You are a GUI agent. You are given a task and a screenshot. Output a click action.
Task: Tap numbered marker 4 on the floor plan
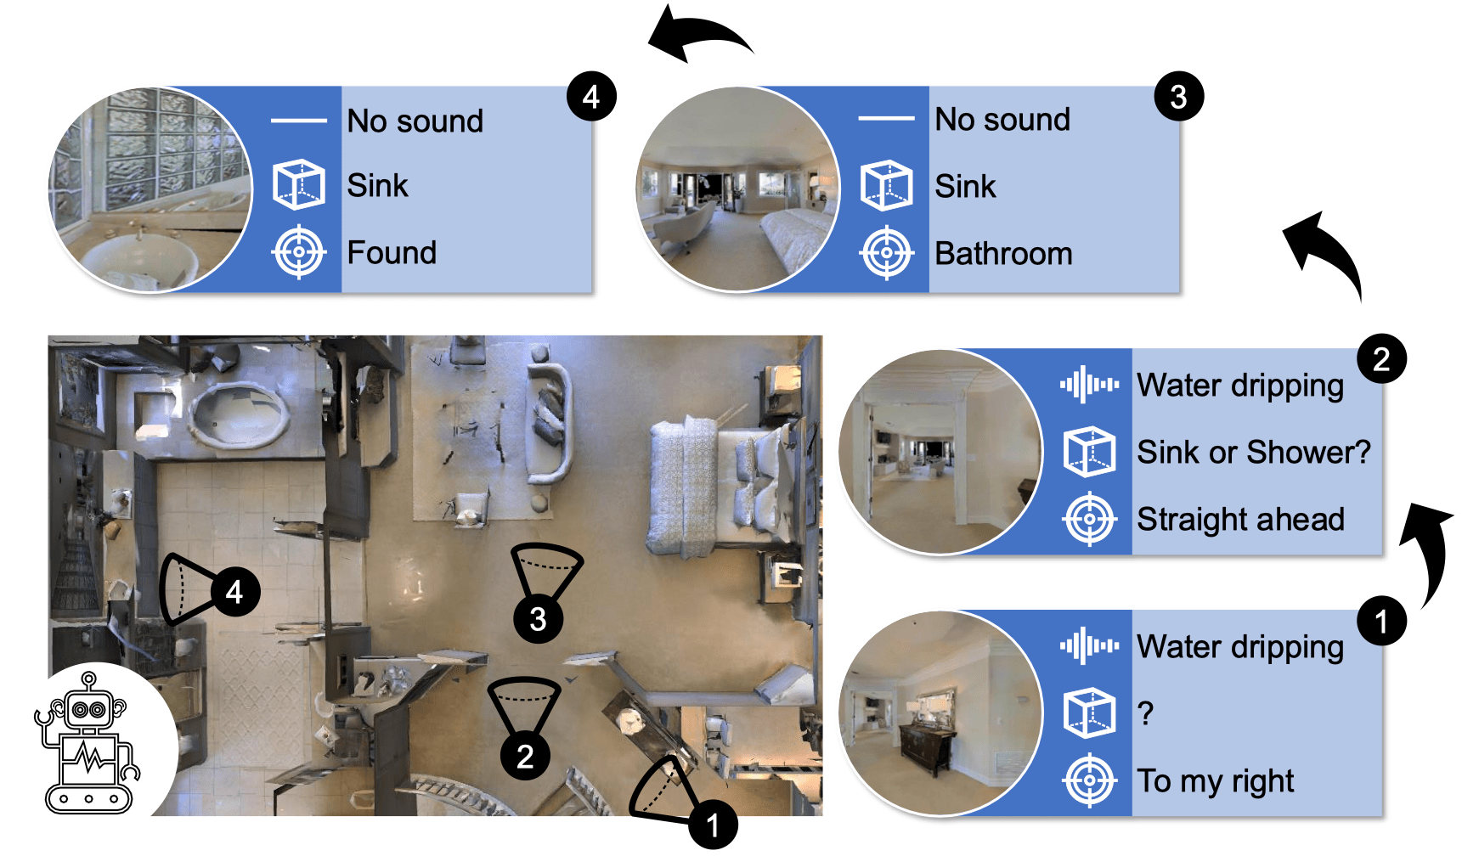234,591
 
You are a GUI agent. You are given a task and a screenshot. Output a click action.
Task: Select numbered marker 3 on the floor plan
538,619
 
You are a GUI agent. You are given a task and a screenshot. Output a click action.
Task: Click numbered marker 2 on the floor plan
525,755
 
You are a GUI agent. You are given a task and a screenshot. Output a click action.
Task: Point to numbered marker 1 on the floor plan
713,824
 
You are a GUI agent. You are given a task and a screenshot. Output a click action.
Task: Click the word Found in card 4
392,253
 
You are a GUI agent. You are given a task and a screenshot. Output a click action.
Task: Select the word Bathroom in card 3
1003,254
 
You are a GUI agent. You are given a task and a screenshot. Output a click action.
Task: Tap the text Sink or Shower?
1253,452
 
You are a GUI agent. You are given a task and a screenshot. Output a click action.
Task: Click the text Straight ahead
1240,519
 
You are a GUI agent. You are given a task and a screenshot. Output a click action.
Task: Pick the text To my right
1216,780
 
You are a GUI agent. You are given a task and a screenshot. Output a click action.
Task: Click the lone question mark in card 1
1145,713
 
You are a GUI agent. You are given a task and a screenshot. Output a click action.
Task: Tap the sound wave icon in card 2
1089,385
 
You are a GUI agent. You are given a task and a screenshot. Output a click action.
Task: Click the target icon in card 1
1089,780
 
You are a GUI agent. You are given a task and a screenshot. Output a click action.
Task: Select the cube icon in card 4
298,184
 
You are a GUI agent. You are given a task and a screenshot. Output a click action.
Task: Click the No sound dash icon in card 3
886,119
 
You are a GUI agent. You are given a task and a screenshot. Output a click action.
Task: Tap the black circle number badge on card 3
1178,97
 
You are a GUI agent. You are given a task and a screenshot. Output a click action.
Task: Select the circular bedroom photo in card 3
737,189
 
